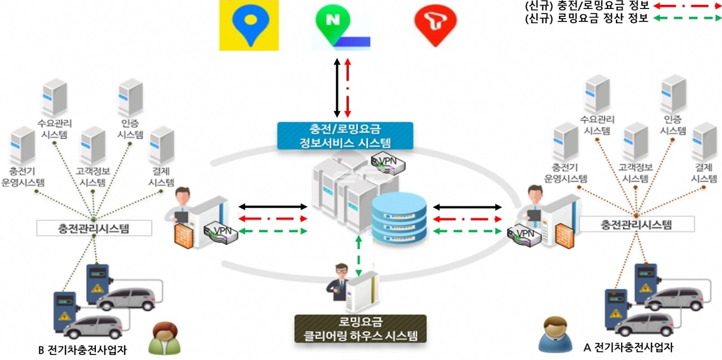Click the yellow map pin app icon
point(244,25)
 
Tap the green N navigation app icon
point(342,25)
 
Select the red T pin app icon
point(435,25)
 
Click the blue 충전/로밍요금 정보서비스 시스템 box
point(345,136)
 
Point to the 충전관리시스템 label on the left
point(94,228)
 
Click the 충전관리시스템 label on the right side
point(636,224)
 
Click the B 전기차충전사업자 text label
point(82,350)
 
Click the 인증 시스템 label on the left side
point(130,131)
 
